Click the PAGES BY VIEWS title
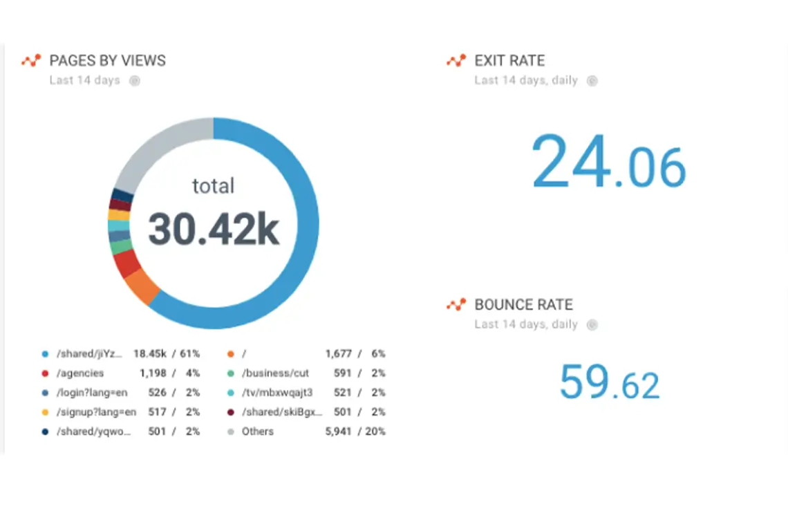[107, 61]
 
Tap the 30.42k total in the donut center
[213, 230]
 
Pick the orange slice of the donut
[142, 286]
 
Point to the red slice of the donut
[126, 263]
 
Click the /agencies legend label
[80, 373]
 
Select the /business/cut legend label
[275, 373]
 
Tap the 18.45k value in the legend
[150, 354]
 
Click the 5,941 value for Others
[339, 431]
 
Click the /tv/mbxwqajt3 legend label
[277, 393]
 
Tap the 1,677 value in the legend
[339, 354]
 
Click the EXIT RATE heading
[509, 61]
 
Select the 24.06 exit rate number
[608, 164]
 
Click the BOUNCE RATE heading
[523, 305]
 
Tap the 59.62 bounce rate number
[609, 383]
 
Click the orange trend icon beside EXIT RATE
[456, 61]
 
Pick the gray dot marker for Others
[231, 432]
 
